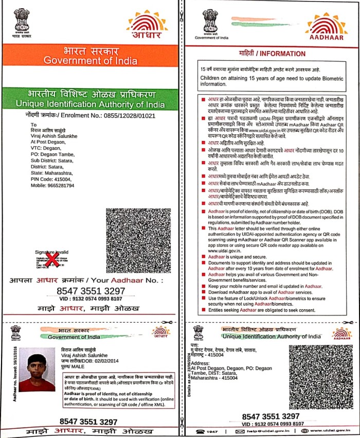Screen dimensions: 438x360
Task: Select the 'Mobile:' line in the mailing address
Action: pos(52,185)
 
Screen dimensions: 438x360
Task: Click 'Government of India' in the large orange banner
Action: pos(91,61)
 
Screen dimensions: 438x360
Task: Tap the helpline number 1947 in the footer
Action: pos(213,431)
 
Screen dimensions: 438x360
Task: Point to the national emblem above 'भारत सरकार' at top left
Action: pos(23,20)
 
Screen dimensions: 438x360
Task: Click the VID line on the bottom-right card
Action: pos(270,424)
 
